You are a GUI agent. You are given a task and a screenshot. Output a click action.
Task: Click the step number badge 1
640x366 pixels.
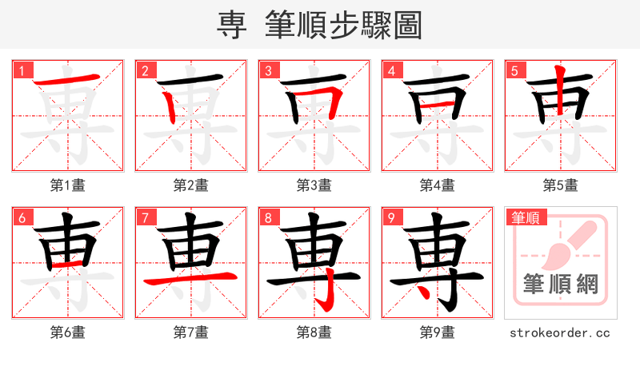click(22, 71)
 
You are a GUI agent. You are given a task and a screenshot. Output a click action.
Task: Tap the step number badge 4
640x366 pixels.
click(391, 71)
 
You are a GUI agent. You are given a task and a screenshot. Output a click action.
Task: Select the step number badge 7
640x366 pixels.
click(145, 217)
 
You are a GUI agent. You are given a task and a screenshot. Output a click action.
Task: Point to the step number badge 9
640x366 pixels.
click(391, 217)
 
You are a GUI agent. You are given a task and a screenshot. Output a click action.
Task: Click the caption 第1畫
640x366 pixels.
click(68, 185)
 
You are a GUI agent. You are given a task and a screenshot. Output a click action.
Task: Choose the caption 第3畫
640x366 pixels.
click(314, 185)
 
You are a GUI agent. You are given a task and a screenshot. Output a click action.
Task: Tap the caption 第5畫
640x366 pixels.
click(561, 185)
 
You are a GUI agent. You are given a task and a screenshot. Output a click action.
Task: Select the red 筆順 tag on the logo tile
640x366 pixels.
click(526, 217)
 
